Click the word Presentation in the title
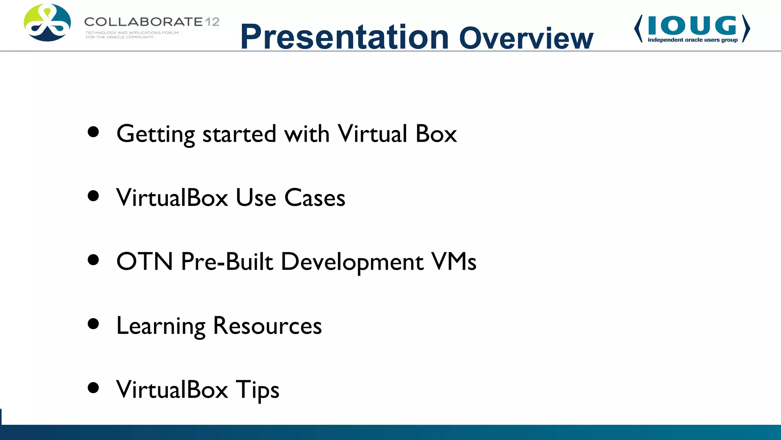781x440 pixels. [x=344, y=37]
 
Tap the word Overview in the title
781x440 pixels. [x=526, y=38]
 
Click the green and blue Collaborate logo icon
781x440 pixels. [x=47, y=23]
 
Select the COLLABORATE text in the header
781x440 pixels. [x=143, y=22]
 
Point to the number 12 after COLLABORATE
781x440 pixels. [x=212, y=22]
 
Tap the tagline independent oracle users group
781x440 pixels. [x=693, y=40]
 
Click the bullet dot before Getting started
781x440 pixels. [x=93, y=132]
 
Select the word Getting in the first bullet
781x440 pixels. [x=156, y=134]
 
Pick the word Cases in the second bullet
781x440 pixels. [x=315, y=198]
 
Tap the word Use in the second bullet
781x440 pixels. [x=256, y=198]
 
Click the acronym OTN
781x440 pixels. [x=145, y=262]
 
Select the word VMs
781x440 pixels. [x=453, y=262]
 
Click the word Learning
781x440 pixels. [x=161, y=327]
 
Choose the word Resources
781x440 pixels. [x=267, y=326]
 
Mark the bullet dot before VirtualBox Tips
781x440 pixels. [x=93, y=388]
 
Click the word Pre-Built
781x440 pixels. [x=227, y=262]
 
